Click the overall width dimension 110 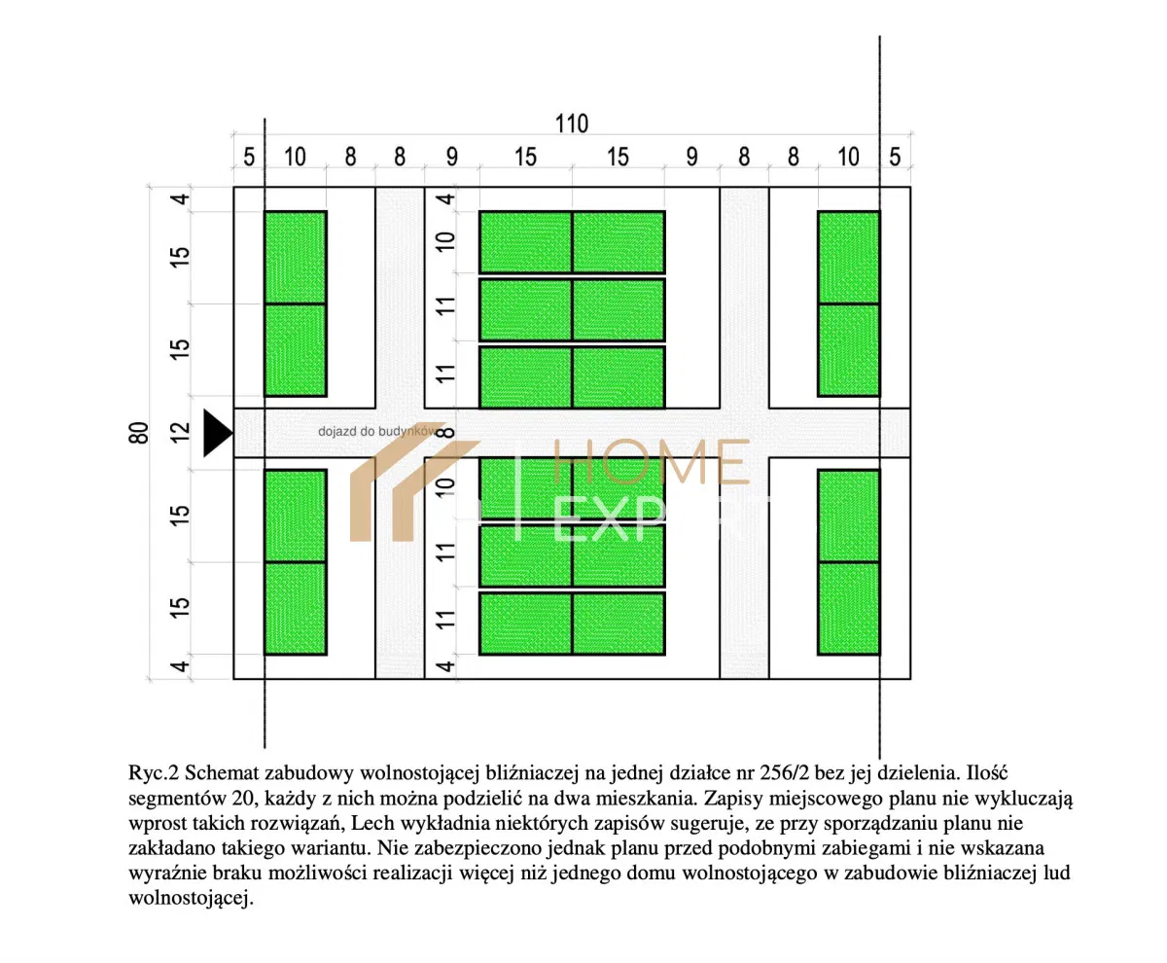pyautogui.click(x=571, y=124)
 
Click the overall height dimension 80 pyautogui.click(x=139, y=433)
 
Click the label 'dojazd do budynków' pyautogui.click(x=379, y=431)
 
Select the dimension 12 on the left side pyautogui.click(x=181, y=433)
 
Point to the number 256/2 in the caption pyautogui.click(x=784, y=773)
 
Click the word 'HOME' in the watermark pyautogui.click(x=651, y=462)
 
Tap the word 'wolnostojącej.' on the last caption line pyautogui.click(x=192, y=898)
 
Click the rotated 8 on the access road pyautogui.click(x=445, y=433)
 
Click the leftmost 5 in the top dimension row pyautogui.click(x=249, y=158)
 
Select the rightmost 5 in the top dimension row pyautogui.click(x=895, y=158)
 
